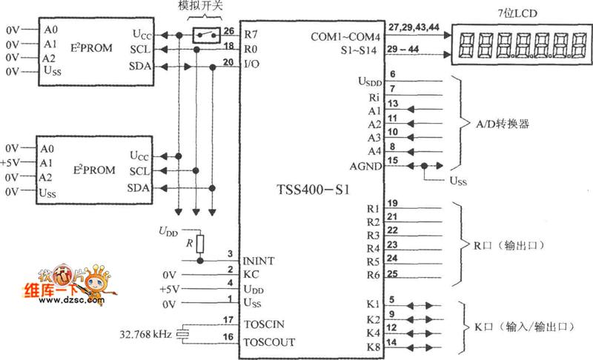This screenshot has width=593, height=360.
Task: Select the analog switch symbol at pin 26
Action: point(205,34)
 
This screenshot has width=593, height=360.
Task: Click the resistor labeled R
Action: point(200,244)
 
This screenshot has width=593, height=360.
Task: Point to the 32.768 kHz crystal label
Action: point(142,334)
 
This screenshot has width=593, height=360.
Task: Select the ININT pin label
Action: point(259,260)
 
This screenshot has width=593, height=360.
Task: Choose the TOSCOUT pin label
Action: point(268,342)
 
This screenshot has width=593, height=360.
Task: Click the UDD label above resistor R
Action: point(169,231)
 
